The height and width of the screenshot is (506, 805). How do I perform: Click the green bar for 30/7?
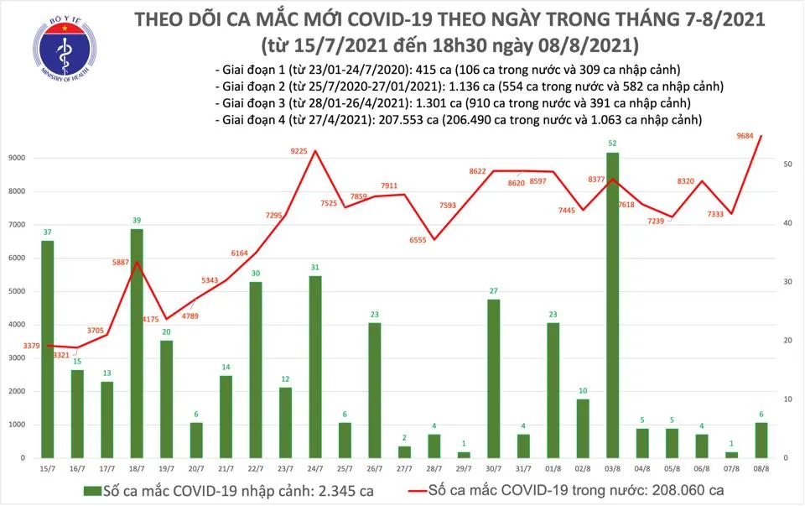tap(495, 378)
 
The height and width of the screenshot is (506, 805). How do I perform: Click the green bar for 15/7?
tap(48, 349)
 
